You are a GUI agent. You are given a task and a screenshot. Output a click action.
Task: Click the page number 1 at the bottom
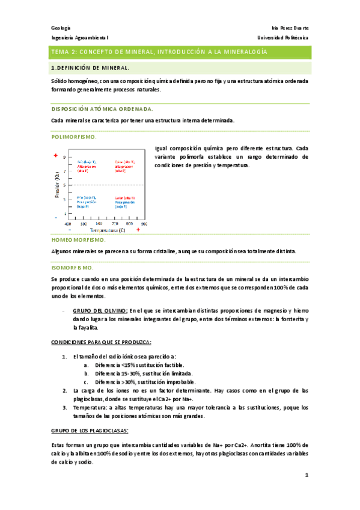coord(307,475)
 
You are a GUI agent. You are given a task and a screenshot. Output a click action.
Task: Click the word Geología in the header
coord(59,28)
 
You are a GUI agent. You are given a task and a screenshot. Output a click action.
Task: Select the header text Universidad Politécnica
coord(283,38)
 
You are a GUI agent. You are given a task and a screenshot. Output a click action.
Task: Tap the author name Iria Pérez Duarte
coord(290,28)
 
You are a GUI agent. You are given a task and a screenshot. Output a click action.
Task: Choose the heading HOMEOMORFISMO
coord(79,240)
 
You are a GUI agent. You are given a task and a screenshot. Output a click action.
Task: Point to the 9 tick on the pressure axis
coord(64,158)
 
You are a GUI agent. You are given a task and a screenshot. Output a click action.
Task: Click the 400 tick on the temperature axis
coord(68,223)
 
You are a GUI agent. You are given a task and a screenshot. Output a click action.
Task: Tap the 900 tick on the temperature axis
coord(144,223)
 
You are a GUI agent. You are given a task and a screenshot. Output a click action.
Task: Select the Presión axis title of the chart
coord(58,187)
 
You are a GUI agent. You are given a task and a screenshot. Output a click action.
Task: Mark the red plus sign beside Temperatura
coord(138,230)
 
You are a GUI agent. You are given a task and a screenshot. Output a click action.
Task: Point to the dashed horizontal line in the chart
coord(108,184)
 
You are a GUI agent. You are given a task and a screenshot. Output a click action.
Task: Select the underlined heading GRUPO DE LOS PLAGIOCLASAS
coord(90,431)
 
